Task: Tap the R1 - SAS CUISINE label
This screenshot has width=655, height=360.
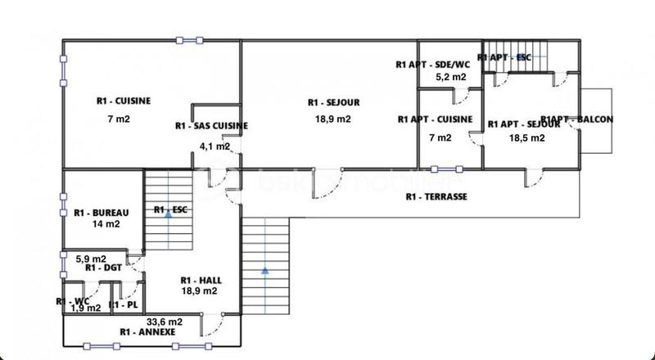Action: (212, 126)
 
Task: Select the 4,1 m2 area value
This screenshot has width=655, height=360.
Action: (215, 146)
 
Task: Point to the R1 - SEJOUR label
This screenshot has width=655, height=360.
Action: (334, 102)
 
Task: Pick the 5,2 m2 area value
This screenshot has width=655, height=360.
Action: (450, 77)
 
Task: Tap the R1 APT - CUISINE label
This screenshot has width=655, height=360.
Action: (435, 119)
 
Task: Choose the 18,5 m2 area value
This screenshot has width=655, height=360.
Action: (526, 138)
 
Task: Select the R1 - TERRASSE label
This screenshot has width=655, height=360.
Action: (436, 197)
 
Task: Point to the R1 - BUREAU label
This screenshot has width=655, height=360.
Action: (97, 212)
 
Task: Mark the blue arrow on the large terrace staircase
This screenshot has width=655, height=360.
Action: (265, 268)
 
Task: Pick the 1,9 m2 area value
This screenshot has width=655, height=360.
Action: (85, 308)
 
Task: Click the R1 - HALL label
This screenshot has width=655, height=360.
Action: (200, 280)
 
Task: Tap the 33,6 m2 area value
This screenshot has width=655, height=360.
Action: (164, 322)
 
